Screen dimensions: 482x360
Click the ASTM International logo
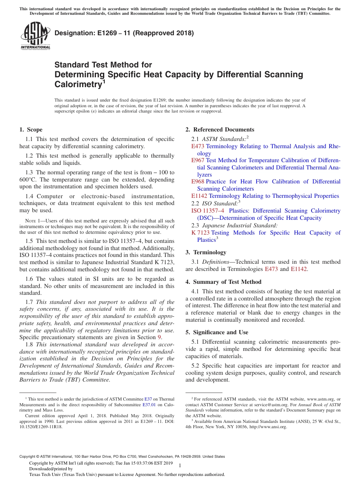pyautogui.click(x=35, y=36)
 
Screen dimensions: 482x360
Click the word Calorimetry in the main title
pyautogui.click(x=77, y=84)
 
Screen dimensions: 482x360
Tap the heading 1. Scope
pyautogui.click(x=31, y=130)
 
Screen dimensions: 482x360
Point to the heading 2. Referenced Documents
pyautogui.click(x=220, y=130)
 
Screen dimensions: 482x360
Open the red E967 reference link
pyautogui.click(x=198, y=160)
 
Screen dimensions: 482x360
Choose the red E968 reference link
pyautogui.click(x=198, y=182)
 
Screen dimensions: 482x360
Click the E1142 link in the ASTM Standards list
pyautogui.click(x=199, y=196)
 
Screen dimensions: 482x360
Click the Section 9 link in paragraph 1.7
pyautogui.click(x=160, y=337)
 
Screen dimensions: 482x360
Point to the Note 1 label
pyautogui.click(x=27, y=221)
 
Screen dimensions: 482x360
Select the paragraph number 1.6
pyautogui.click(x=29, y=279)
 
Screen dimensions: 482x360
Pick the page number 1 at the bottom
pyautogui.click(x=180, y=465)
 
